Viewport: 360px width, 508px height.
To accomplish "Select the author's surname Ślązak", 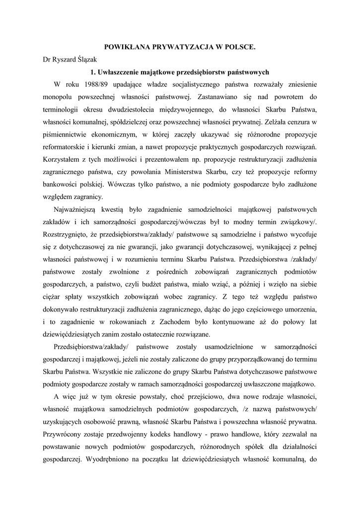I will tap(89, 60).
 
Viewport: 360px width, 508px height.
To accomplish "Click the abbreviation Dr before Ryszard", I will tap(47, 60).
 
